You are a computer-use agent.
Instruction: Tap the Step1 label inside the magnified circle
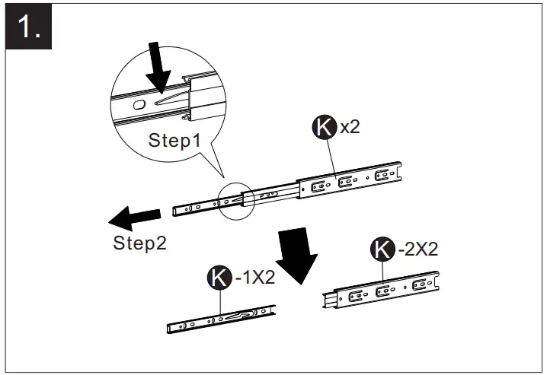[174, 140]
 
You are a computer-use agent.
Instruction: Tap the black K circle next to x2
[325, 127]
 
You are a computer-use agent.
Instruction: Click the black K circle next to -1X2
[219, 278]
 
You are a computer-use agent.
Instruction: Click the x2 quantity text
[350, 127]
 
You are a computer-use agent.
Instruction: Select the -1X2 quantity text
[254, 278]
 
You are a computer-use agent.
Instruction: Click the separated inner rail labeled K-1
[221, 319]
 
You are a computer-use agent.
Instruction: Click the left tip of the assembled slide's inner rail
[175, 211]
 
